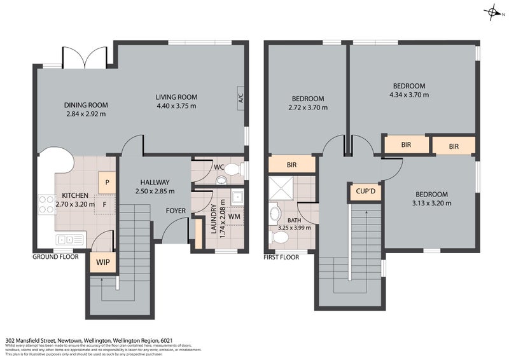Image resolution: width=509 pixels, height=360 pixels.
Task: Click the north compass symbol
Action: point(492,11)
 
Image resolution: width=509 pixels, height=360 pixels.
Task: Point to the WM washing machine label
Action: point(234,216)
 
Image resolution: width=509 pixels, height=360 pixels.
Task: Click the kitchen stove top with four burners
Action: point(47,203)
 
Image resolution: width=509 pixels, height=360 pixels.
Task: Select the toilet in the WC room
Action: point(234,170)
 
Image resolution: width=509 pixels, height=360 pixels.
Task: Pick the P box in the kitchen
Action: point(106,181)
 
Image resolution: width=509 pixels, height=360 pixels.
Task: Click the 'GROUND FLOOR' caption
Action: point(55,257)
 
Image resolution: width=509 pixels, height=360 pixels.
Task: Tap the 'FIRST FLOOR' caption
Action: point(281,257)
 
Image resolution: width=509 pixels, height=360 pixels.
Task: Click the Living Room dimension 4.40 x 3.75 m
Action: point(176,106)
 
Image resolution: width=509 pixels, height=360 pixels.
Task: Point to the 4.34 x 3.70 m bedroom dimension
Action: point(408,95)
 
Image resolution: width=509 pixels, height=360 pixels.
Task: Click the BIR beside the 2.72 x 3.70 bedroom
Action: point(291,165)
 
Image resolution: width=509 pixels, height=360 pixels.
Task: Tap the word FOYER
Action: point(176,211)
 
